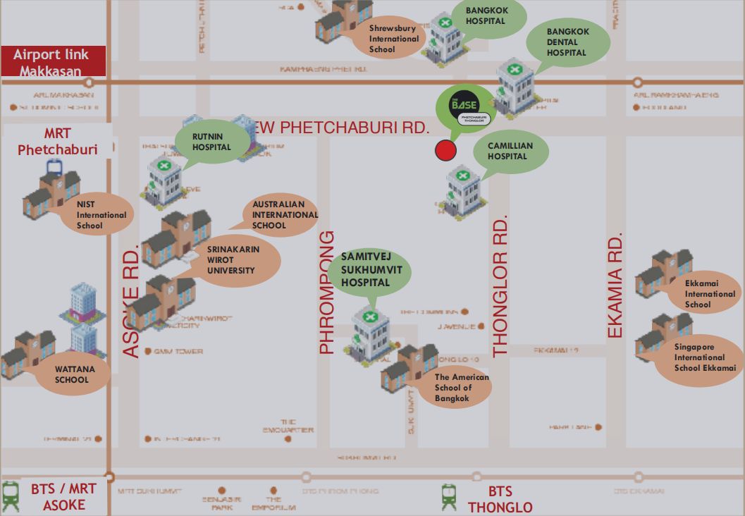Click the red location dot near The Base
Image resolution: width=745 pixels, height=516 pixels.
(x=445, y=150)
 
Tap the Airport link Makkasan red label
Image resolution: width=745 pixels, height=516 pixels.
(x=54, y=62)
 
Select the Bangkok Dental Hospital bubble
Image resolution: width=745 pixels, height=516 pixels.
(x=568, y=42)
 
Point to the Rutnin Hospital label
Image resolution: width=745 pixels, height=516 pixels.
(x=212, y=142)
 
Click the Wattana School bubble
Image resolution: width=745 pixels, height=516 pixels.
(x=72, y=374)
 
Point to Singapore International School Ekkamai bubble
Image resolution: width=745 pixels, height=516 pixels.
(x=703, y=358)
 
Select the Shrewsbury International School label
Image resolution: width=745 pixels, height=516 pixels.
(x=393, y=39)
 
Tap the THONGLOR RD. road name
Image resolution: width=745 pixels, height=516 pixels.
(x=500, y=288)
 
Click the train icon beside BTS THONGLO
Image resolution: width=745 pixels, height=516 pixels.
(x=449, y=497)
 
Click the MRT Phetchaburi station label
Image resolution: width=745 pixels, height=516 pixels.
(x=57, y=141)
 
